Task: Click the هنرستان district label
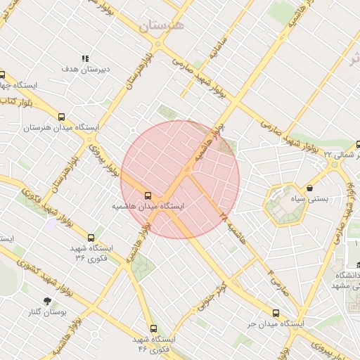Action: pyautogui.click(x=161, y=26)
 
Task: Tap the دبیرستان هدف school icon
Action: pyautogui.click(x=85, y=59)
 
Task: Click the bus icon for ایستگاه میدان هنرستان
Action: pyautogui.click(x=61, y=117)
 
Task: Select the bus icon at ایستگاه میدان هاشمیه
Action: pyautogui.click(x=148, y=195)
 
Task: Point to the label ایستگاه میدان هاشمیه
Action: pyautogui.click(x=148, y=207)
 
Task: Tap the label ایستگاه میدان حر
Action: pyautogui.click(x=275, y=325)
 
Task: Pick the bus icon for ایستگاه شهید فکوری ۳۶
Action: pyautogui.click(x=91, y=238)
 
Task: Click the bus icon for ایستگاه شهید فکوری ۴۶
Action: pyautogui.click(x=154, y=328)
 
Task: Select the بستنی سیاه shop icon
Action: pyautogui.click(x=310, y=188)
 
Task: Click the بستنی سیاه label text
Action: pyautogui.click(x=310, y=199)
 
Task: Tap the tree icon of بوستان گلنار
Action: pyautogui.click(x=47, y=301)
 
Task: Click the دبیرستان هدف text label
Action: pyautogui.click(x=85, y=69)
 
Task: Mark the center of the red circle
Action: pyautogui.click(x=180, y=179)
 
